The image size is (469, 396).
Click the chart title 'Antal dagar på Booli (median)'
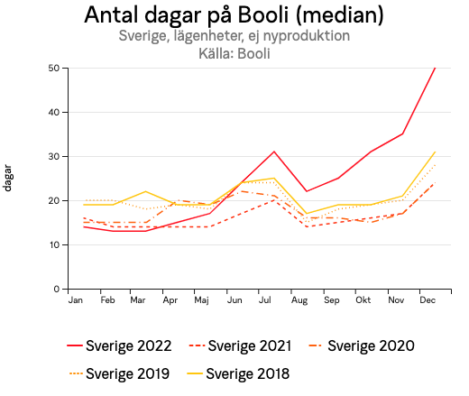234,15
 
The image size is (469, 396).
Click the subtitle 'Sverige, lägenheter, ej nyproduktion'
234,36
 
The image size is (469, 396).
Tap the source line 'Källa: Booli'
234,53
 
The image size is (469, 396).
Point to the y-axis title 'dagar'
8,178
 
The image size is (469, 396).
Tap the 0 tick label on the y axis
56,290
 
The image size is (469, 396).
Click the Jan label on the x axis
76,299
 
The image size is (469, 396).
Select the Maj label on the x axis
202,299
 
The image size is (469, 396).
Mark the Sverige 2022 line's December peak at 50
435,69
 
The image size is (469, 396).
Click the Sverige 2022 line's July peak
274,152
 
